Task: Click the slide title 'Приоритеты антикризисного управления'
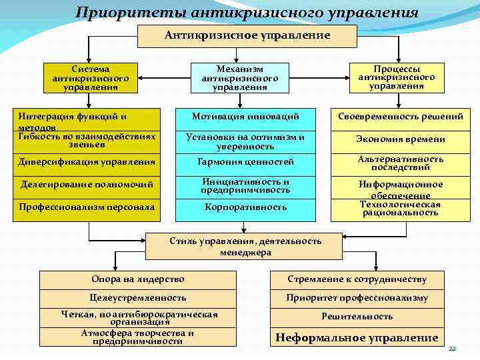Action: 247,13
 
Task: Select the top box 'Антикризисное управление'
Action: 247,35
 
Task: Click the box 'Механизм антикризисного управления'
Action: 240,78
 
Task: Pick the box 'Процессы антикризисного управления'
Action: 396,77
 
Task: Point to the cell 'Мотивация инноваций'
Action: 245,117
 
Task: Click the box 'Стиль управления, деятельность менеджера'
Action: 245,247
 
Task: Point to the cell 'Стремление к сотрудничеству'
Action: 357,279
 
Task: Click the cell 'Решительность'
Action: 357,317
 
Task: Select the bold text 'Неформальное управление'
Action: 357,337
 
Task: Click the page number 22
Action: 451,349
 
